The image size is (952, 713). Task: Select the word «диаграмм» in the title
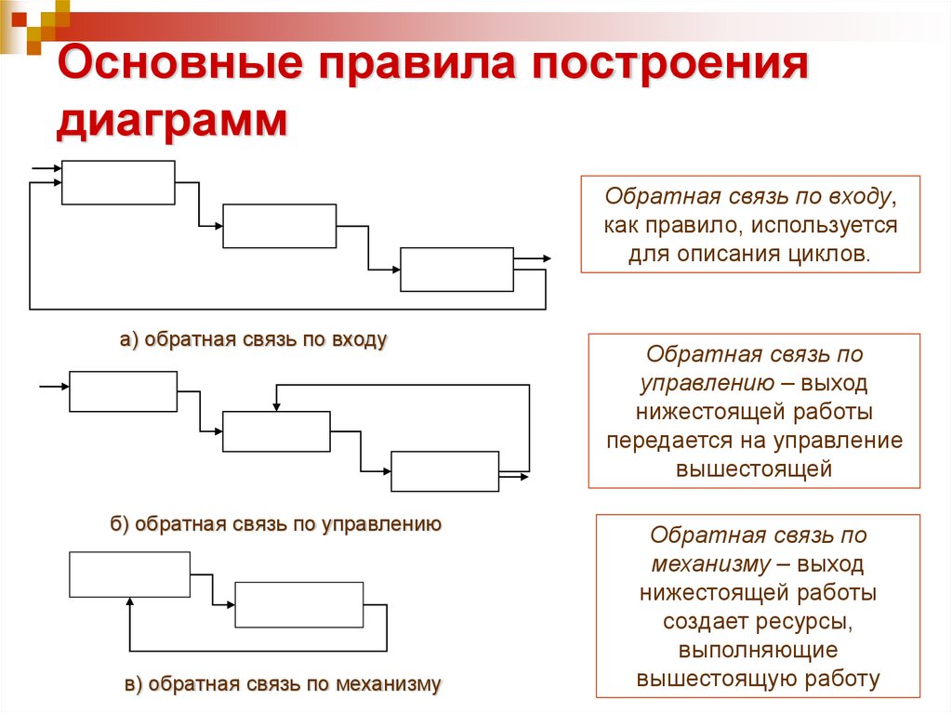[172, 123]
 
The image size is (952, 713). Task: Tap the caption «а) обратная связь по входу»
[253, 340]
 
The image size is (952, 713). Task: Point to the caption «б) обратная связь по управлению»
[275, 524]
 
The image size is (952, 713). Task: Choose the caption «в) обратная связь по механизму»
[283, 685]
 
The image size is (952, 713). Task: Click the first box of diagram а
[118, 182]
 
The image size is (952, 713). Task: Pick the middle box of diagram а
[280, 226]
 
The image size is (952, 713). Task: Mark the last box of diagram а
[456, 270]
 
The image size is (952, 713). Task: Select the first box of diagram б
[123, 391]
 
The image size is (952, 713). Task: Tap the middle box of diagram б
[276, 431]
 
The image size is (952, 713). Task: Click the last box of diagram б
[445, 471]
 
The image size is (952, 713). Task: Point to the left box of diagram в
[129, 574]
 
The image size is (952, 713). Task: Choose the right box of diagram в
[298, 605]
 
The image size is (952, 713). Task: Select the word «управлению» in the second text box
[707, 383]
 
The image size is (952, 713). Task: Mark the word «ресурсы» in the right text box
[806, 620]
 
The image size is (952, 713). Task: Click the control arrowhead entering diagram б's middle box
[276, 406]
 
